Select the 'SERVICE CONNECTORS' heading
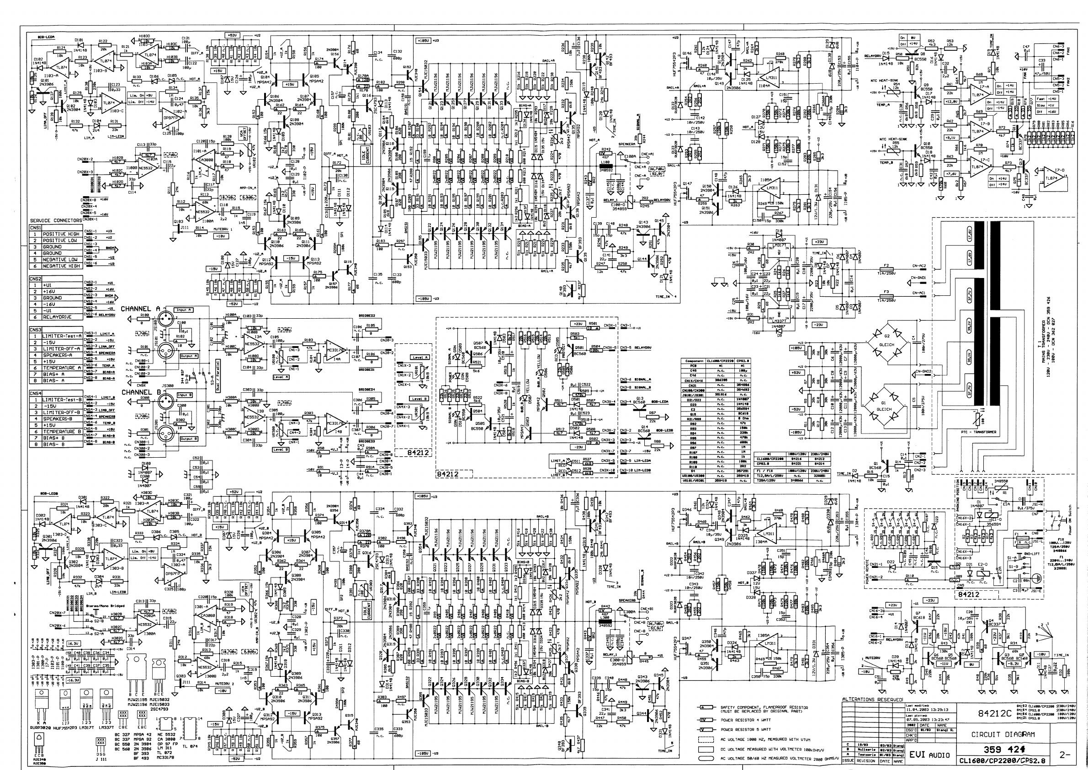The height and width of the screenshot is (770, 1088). pos(55,221)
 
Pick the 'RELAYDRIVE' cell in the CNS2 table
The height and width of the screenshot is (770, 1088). pos(59,317)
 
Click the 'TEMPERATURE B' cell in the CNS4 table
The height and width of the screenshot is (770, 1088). pos(62,432)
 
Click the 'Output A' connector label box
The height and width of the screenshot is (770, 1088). pos(189,356)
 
